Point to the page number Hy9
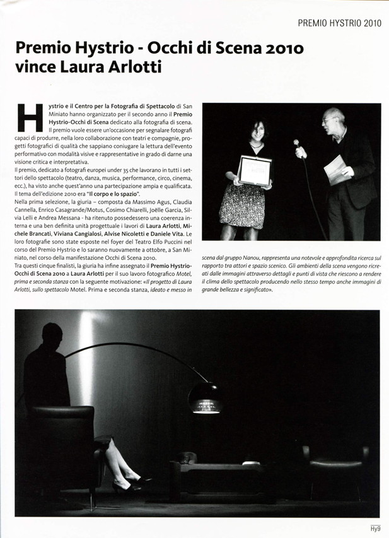click(x=374, y=529)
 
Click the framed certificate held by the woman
click(x=254, y=169)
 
